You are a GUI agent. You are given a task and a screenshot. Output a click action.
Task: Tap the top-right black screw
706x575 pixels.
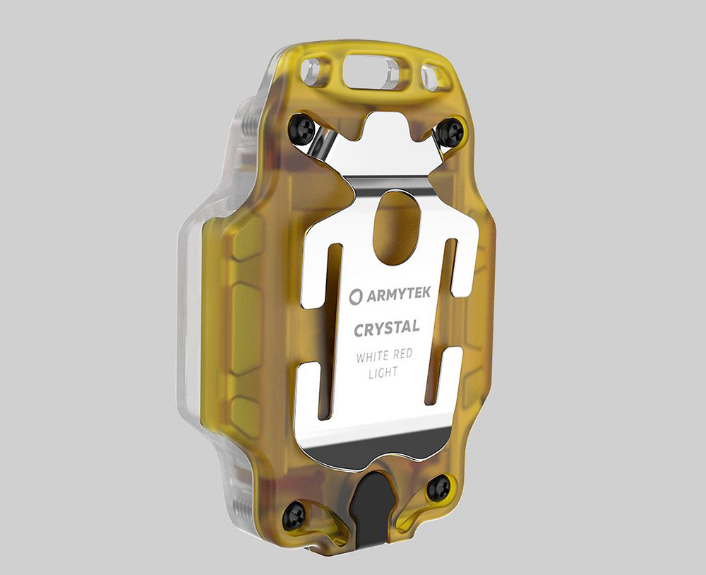pyautogui.click(x=450, y=131)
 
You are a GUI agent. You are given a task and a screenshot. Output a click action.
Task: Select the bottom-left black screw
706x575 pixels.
pyautogui.click(x=294, y=516)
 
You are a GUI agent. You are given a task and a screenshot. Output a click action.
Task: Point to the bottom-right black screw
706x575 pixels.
pyautogui.click(x=438, y=487)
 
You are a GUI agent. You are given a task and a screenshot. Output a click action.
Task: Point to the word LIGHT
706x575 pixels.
pyautogui.click(x=383, y=372)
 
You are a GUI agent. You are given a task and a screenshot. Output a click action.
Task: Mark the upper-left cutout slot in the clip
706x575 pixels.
pyautogui.click(x=319, y=275)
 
